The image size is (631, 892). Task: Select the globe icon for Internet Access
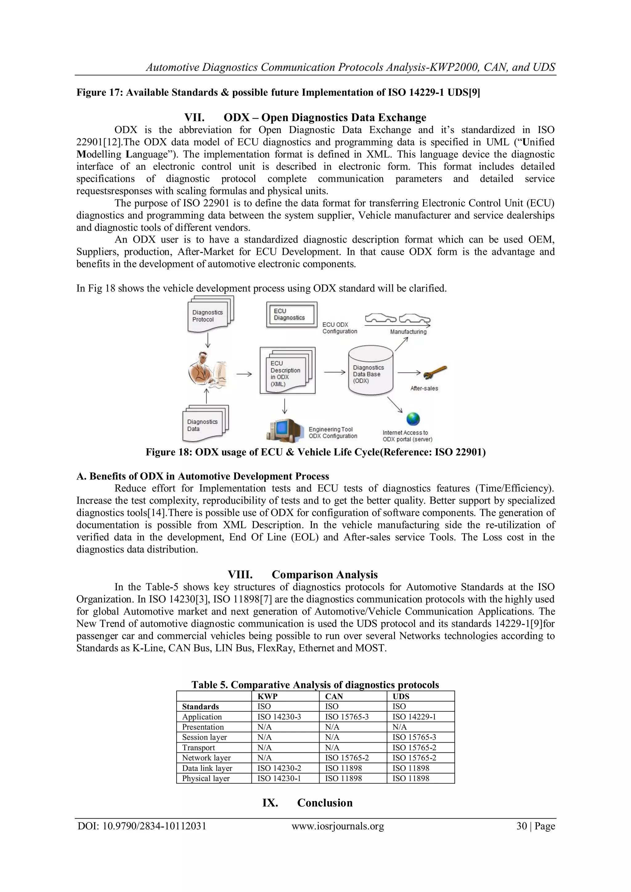pyautogui.click(x=413, y=419)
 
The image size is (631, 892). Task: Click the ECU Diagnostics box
pyautogui.click(x=291, y=314)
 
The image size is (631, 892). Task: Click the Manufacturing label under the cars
pyautogui.click(x=408, y=332)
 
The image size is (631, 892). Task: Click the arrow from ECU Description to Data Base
pyautogui.click(x=335, y=372)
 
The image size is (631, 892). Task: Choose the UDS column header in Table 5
pyautogui.click(x=401, y=697)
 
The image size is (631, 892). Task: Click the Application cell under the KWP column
pyautogui.click(x=279, y=717)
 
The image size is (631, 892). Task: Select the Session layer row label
pyautogui.click(x=204, y=737)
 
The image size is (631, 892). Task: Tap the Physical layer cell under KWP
pyautogui.click(x=279, y=779)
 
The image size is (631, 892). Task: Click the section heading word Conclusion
pyautogui.click(x=324, y=803)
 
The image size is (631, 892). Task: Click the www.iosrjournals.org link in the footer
pyautogui.click(x=338, y=826)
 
